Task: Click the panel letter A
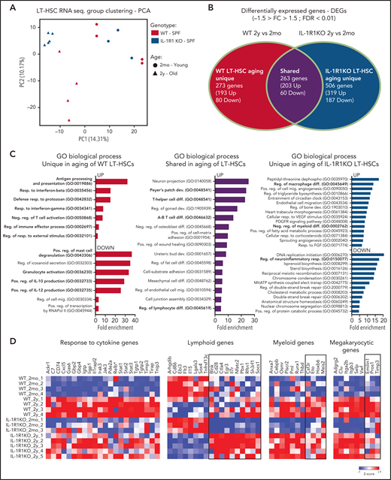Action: coord(6,5)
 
